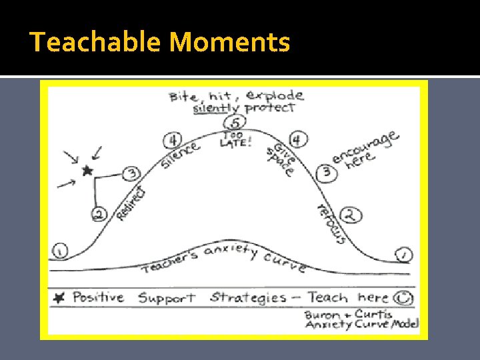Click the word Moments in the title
230,43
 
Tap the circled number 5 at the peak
234,123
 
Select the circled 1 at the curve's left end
60,251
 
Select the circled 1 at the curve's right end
404,254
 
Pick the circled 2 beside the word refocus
350,215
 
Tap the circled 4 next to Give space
297,139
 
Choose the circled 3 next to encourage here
327,172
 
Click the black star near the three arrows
86,171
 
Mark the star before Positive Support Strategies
59,298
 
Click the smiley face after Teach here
401,297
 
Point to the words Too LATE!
235,139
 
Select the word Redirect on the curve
131,203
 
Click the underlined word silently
217,108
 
